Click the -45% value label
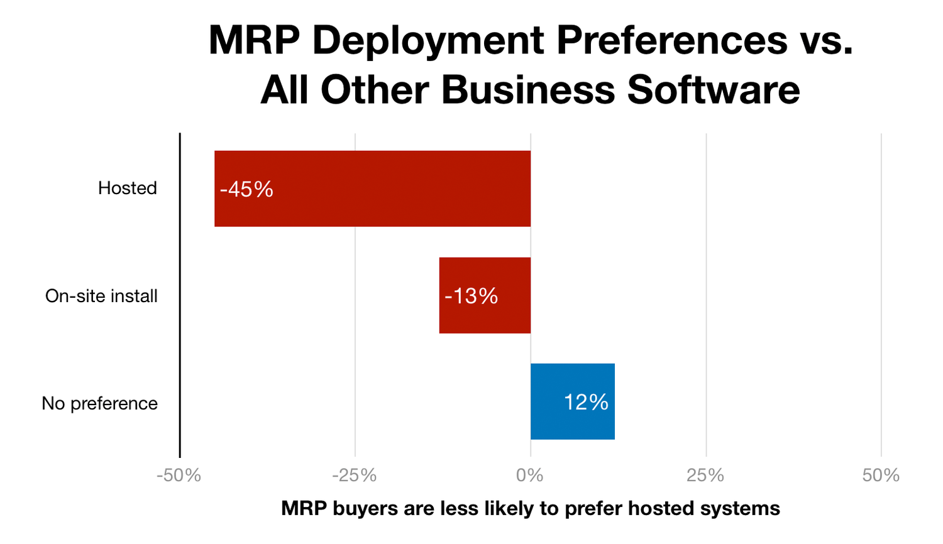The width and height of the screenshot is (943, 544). (246, 189)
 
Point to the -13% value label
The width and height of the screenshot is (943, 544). (471, 296)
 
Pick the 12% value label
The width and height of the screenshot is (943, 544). (586, 402)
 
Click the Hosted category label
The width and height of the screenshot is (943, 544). (127, 188)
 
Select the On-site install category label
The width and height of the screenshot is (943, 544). (101, 296)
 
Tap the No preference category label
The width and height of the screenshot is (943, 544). (99, 403)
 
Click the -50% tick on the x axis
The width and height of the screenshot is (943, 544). (179, 476)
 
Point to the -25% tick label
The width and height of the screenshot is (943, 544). (355, 476)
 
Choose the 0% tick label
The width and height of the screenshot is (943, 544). (530, 476)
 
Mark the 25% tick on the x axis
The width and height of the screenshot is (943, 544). (705, 476)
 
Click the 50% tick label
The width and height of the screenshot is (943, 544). (881, 476)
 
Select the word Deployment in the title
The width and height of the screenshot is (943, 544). (428, 41)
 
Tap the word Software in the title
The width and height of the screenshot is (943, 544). (714, 90)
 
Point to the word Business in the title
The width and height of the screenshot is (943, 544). (528, 90)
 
